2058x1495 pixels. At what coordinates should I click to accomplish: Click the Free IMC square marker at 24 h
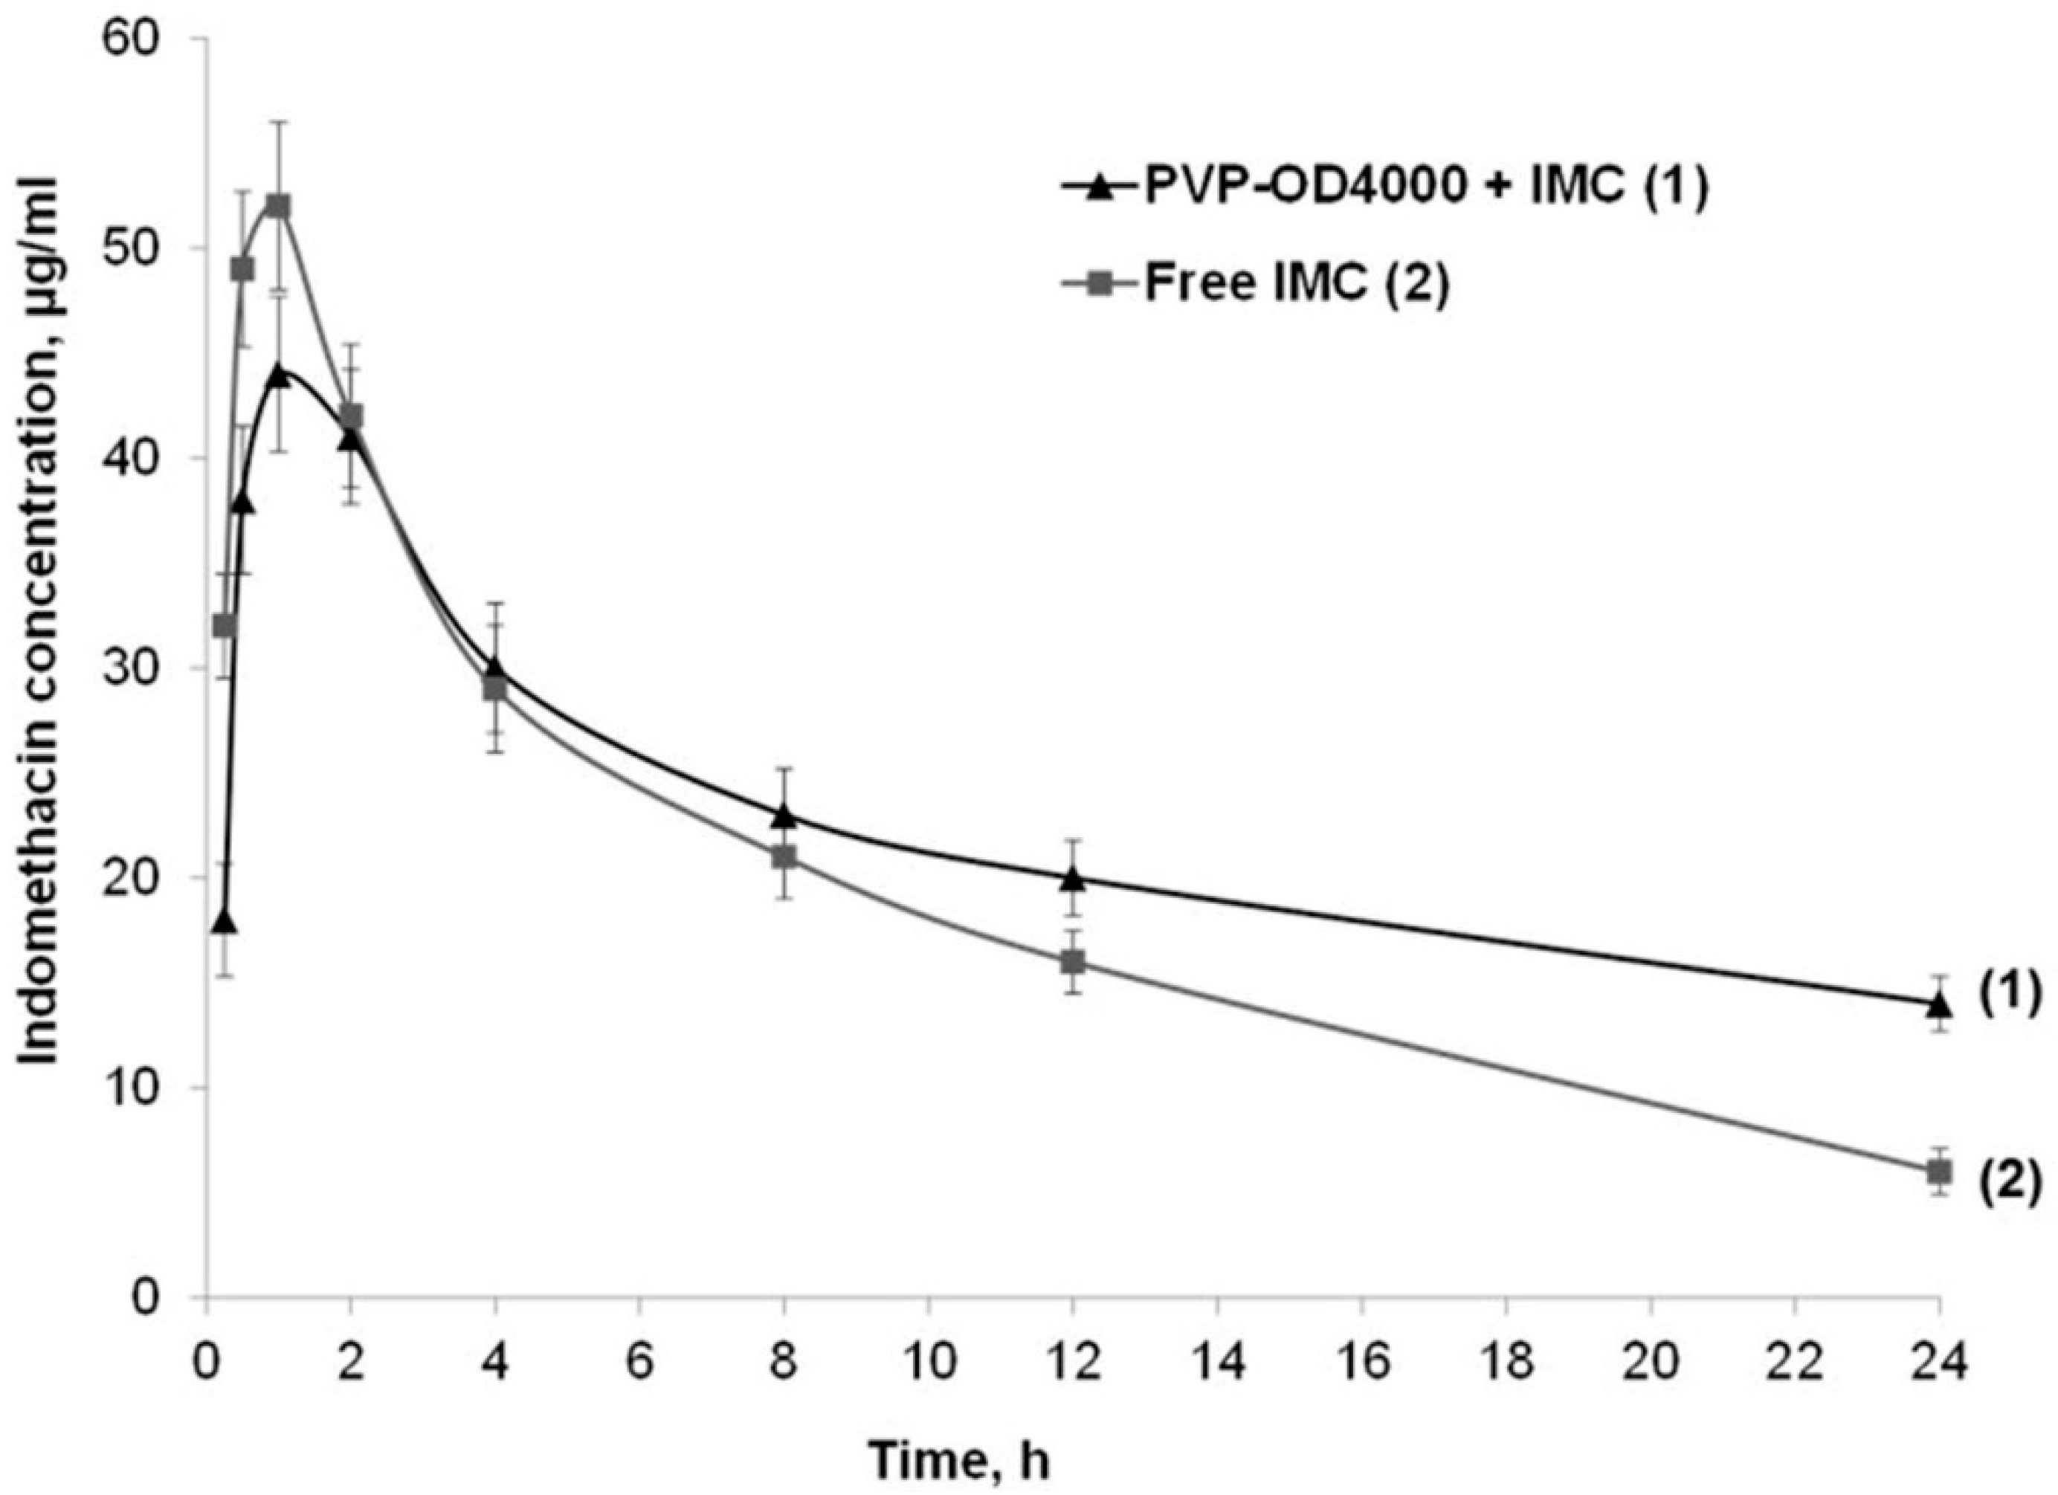[x=1940, y=1172]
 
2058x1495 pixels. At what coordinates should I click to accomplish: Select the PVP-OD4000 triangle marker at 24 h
[x=1940, y=1005]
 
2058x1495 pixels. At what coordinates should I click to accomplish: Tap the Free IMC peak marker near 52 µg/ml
[x=280, y=206]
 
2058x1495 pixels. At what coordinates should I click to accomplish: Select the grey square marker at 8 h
[x=784, y=857]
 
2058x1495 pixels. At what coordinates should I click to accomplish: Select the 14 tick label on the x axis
[x=1217, y=1362]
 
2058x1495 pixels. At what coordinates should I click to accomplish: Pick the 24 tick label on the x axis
[x=1940, y=1362]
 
